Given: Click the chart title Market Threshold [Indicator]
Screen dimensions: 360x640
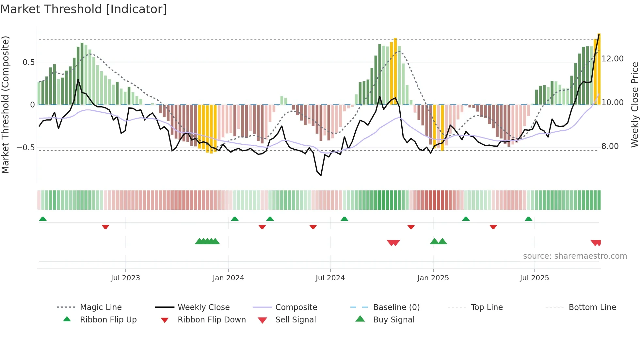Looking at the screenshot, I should (x=84, y=9).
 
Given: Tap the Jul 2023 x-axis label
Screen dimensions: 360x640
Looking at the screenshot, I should (x=125, y=278).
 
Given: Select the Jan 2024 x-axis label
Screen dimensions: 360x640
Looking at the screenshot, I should (x=228, y=278).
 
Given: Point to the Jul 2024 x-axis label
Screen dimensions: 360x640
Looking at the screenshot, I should (x=330, y=278).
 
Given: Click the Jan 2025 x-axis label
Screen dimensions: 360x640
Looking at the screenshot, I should (x=433, y=278).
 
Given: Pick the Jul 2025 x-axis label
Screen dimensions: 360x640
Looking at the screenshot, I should (x=534, y=278).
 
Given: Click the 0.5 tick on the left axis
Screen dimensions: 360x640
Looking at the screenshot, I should (x=28, y=62).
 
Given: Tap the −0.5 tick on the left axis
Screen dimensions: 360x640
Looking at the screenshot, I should (x=26, y=148).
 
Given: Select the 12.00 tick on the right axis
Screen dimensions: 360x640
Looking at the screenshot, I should (x=613, y=59).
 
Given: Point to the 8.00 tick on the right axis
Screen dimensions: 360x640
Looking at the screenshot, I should (x=610, y=146).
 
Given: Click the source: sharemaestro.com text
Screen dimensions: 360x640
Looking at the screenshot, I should (x=575, y=256).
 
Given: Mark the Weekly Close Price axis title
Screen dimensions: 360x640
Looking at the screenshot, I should (x=634, y=105).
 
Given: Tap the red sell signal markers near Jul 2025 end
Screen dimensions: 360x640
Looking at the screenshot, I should (x=596, y=243).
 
